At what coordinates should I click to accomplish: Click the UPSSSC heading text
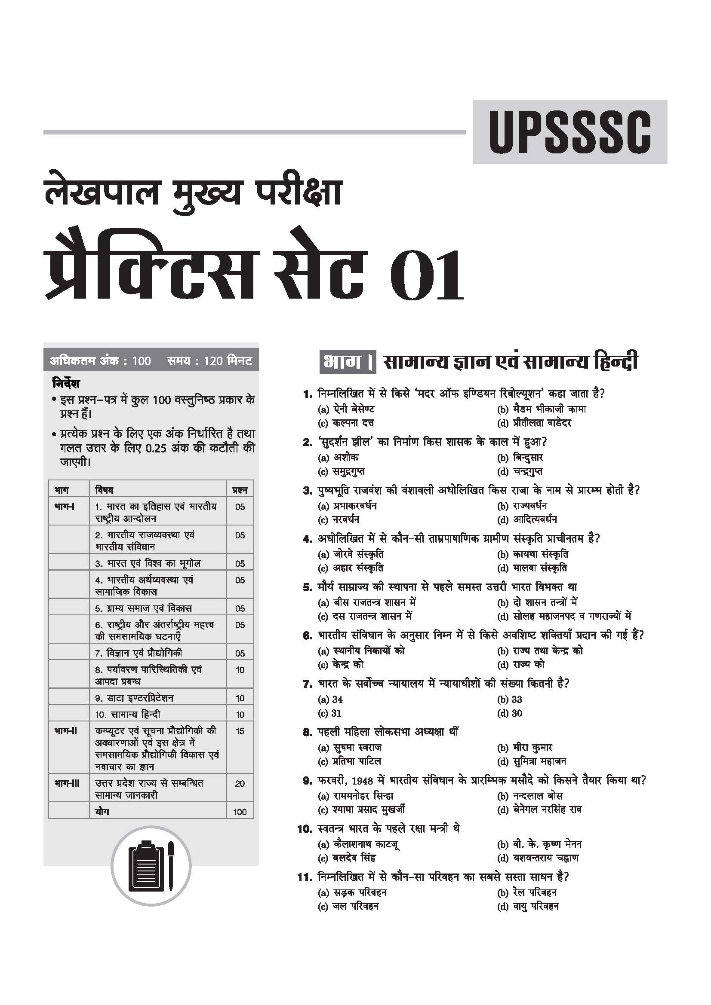click(569, 132)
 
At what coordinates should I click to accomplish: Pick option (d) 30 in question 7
click(510, 713)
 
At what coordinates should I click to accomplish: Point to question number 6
click(307, 635)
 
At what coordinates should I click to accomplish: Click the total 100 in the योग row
click(240, 812)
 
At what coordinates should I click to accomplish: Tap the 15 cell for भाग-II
click(240, 731)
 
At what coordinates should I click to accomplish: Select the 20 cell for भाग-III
click(240, 784)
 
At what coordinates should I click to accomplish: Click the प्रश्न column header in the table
click(240, 490)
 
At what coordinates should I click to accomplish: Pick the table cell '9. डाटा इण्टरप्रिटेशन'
click(134, 698)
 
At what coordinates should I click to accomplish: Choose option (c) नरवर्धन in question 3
click(339, 519)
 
